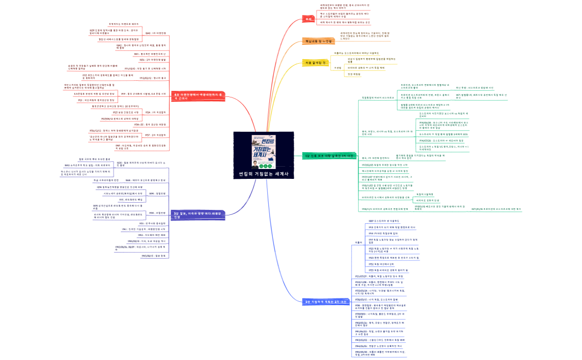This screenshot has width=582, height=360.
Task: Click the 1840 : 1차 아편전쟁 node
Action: coord(156,33)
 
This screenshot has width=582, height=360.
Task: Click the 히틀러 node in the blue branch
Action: coord(359,243)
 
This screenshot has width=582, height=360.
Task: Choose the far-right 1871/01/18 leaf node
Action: coord(504,209)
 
